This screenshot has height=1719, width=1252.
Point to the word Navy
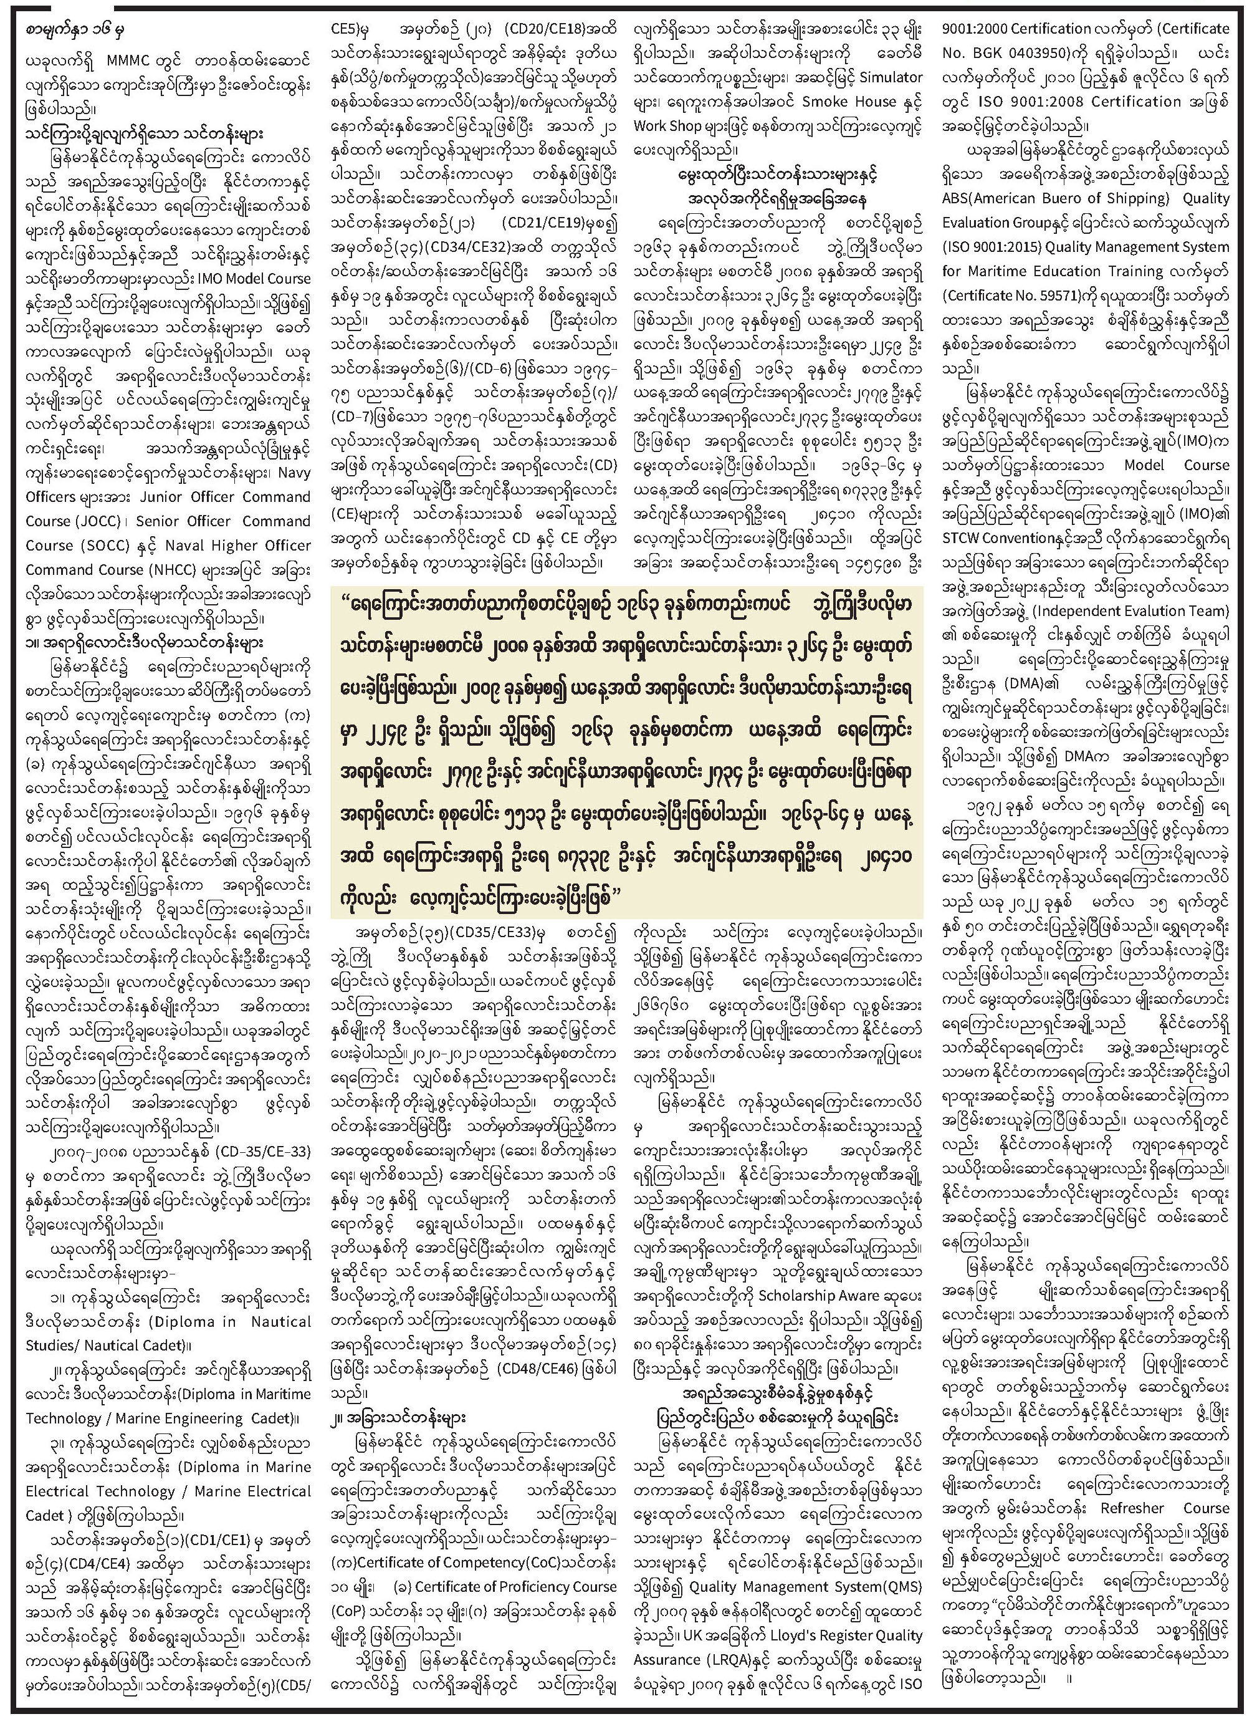coord(294,473)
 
